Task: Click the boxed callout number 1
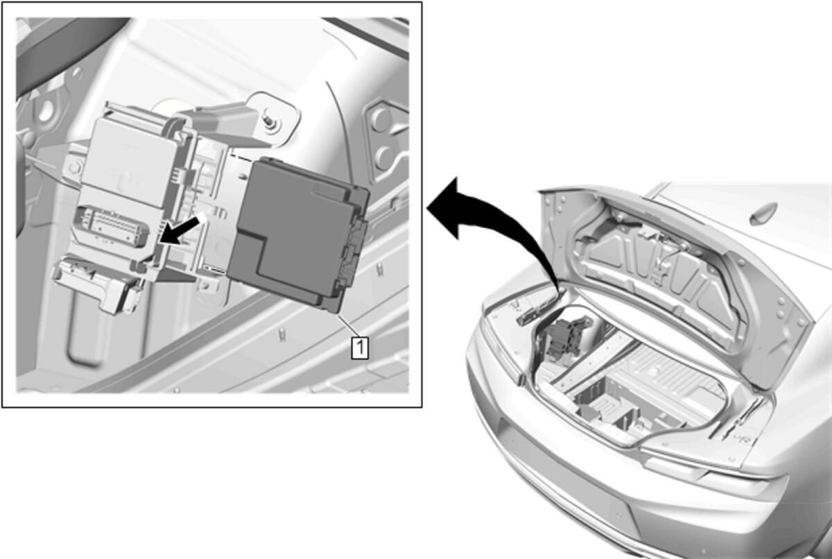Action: (360, 347)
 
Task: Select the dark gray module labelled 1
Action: (298, 234)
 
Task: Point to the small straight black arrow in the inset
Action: (181, 230)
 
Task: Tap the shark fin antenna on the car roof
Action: (763, 213)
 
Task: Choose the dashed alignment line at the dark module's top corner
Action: (241, 157)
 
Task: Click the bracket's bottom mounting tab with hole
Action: (207, 286)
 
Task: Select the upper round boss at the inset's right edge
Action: (381, 119)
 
